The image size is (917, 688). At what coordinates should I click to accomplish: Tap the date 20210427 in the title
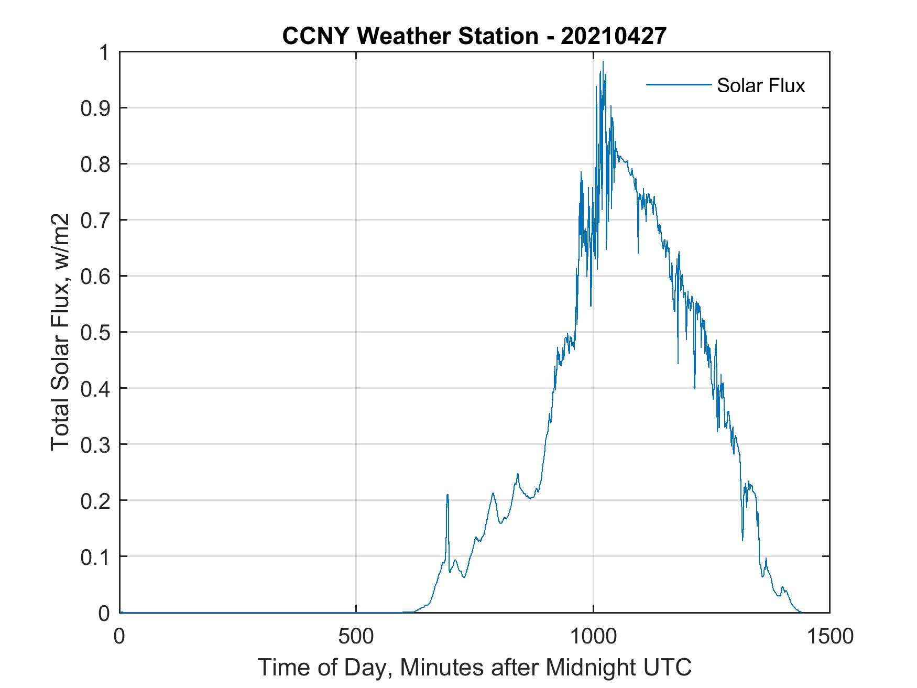click(614, 36)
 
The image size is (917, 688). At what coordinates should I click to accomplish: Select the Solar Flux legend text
click(760, 85)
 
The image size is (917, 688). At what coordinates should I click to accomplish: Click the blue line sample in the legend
click(679, 84)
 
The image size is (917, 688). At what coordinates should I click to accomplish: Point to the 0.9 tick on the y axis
click(96, 108)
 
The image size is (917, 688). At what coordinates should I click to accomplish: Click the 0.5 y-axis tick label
click(96, 332)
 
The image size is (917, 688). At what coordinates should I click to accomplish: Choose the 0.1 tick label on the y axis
click(96, 557)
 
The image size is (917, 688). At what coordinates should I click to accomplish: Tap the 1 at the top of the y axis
click(105, 53)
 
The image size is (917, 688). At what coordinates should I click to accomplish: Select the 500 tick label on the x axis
click(356, 636)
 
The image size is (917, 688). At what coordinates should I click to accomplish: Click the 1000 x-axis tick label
click(593, 636)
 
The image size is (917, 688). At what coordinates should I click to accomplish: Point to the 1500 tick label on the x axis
click(830, 636)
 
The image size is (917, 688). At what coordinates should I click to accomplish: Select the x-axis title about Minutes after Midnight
click(474, 668)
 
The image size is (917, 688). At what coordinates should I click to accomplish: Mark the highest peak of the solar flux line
click(603, 62)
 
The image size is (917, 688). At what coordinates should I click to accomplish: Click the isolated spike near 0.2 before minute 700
click(447, 495)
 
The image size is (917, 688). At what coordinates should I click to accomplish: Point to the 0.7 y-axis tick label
click(96, 220)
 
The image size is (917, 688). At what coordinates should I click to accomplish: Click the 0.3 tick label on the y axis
click(96, 444)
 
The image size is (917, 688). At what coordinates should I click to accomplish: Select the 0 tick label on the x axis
click(119, 636)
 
